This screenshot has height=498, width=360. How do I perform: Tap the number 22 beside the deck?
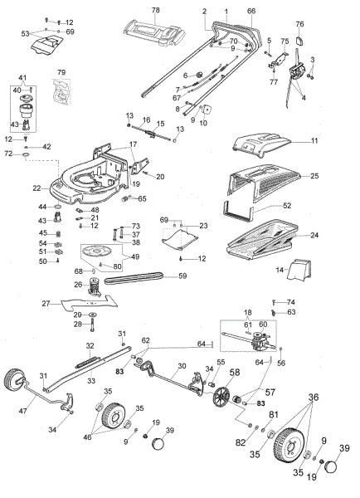tap(36, 189)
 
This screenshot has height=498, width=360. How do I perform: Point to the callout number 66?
tap(251, 10)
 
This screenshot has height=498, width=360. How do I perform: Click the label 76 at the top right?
tap(299, 24)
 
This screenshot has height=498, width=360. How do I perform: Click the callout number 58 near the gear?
tap(235, 373)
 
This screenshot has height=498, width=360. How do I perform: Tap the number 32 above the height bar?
tap(90, 345)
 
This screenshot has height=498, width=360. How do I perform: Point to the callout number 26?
tap(79, 285)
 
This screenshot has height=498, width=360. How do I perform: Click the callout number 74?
tap(291, 301)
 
